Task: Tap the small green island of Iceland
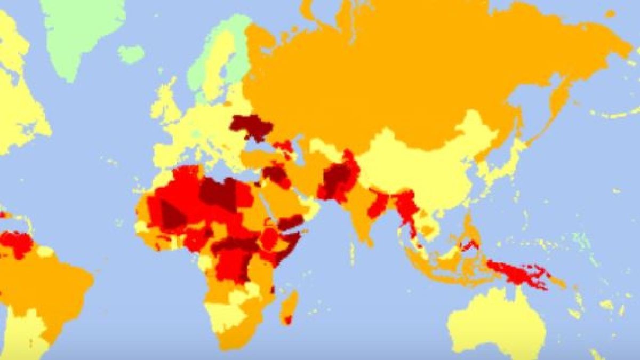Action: click(131, 54)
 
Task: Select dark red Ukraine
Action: click(251, 127)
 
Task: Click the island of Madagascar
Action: click(290, 307)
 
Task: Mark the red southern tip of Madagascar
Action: click(288, 320)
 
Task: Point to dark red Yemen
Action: click(291, 221)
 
